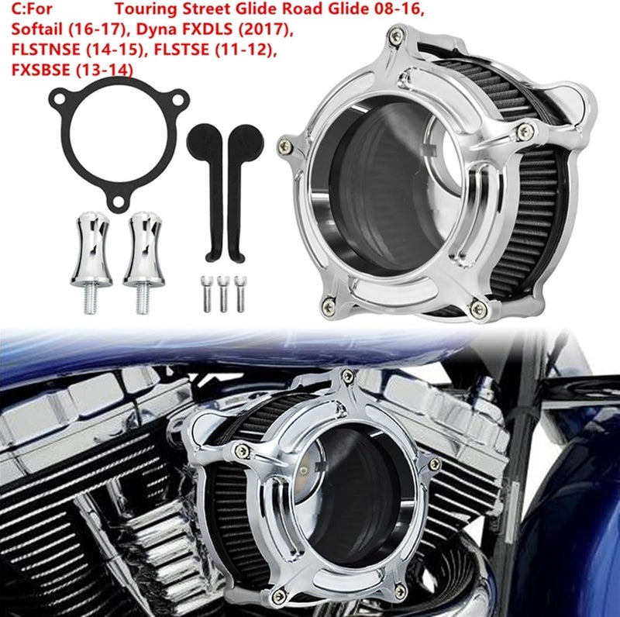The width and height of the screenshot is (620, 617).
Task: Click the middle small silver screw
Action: coord(222,293)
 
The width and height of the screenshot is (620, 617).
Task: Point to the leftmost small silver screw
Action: coord(206,293)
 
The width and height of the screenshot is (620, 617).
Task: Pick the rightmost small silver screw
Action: coord(239,293)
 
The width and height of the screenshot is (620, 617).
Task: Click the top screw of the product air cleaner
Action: coord(396,36)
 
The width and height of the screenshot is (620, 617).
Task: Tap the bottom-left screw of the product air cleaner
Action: coord(329,308)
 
